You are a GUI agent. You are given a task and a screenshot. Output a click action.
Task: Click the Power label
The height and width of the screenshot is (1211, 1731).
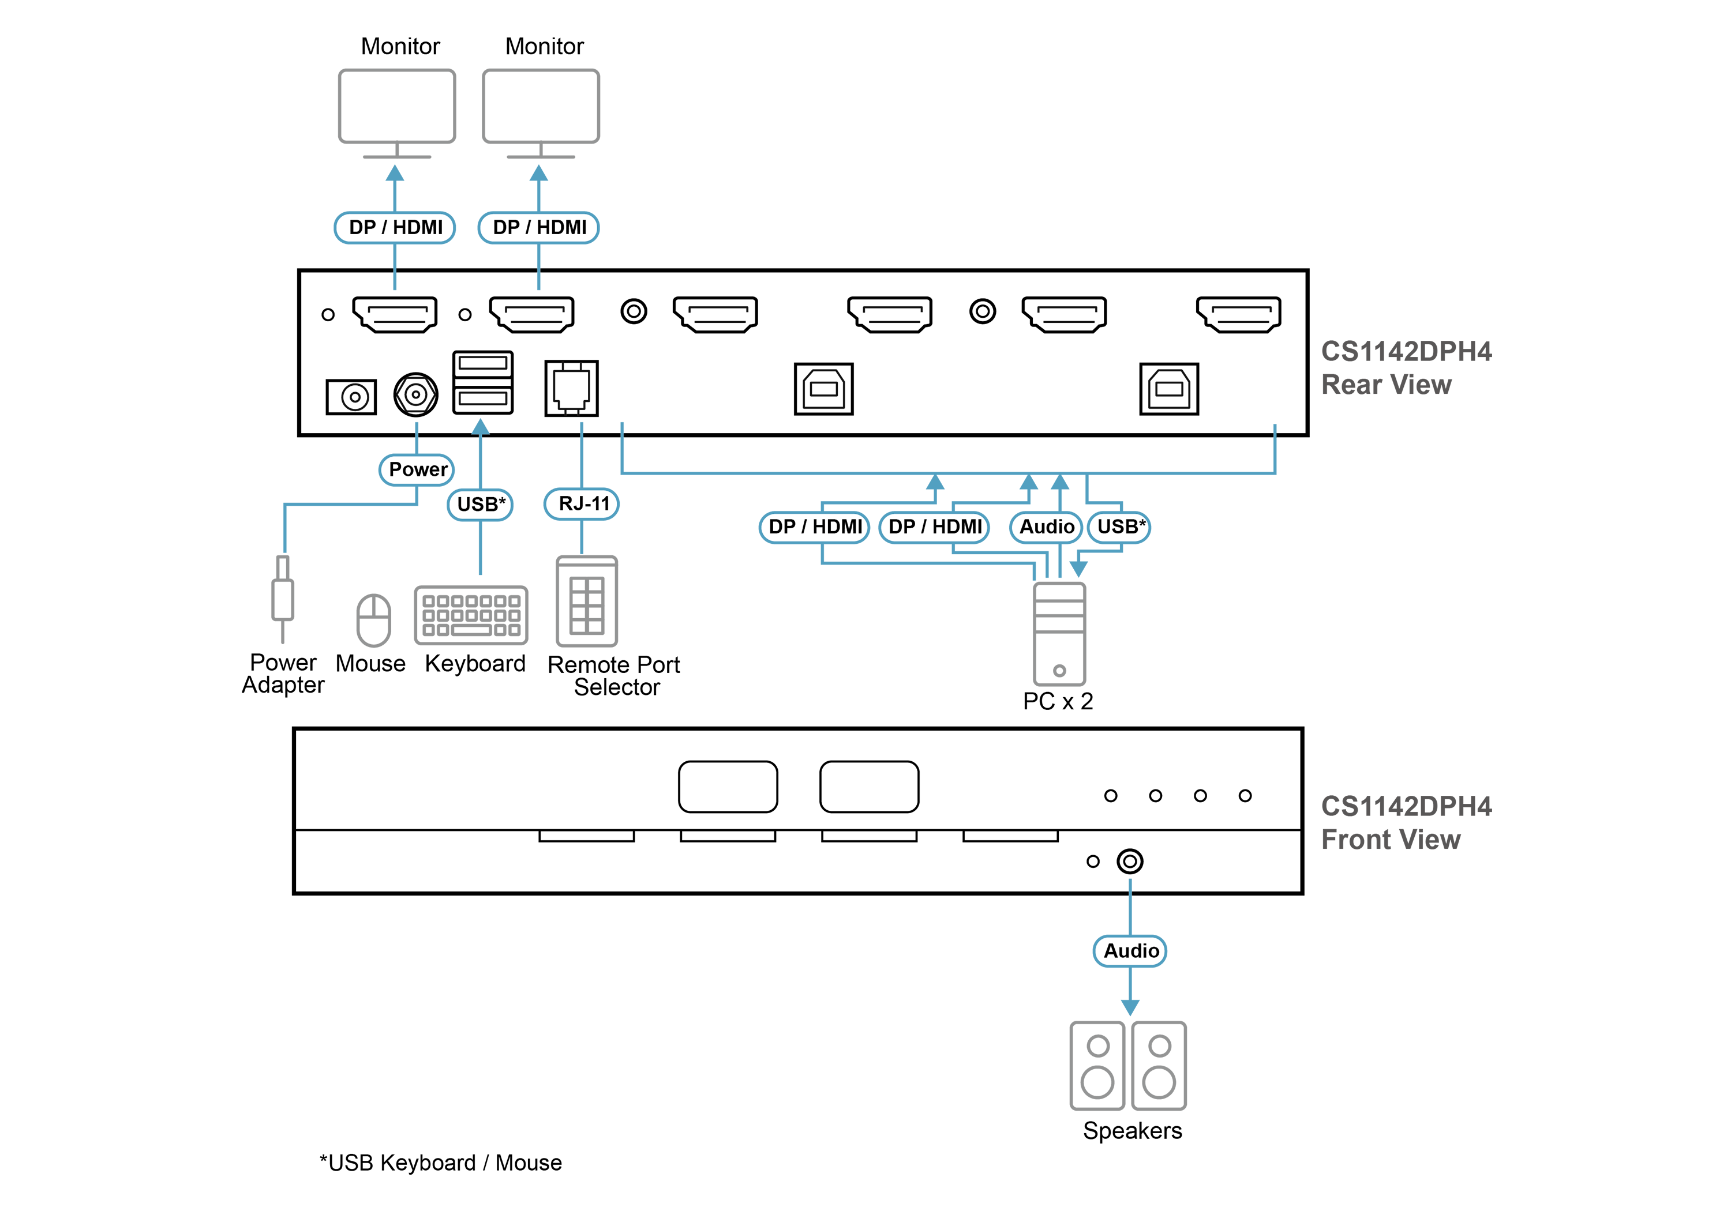tap(417, 469)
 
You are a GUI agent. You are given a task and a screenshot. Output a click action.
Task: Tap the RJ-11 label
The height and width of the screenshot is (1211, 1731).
tap(582, 503)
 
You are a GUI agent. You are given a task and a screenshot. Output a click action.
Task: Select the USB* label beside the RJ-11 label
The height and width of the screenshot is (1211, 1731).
tap(480, 504)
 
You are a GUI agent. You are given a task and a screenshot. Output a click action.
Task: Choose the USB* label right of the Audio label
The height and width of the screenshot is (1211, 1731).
tap(1121, 526)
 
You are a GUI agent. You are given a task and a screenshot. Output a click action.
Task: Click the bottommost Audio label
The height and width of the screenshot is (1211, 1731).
tap(1130, 951)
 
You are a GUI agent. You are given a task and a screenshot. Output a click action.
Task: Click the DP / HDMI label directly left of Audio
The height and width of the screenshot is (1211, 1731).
tap(934, 526)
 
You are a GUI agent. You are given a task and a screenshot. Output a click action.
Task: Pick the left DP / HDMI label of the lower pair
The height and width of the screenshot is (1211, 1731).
tap(814, 526)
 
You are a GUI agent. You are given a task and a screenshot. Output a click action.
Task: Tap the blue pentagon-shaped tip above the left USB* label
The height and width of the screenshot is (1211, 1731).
tap(480, 426)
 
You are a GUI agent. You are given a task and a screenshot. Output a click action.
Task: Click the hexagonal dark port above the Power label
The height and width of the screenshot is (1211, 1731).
tap(415, 393)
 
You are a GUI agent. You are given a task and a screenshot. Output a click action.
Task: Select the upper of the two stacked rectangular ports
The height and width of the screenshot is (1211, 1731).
tap(482, 364)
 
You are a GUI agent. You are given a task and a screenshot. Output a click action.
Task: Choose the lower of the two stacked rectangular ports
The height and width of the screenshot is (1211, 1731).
tap(482, 398)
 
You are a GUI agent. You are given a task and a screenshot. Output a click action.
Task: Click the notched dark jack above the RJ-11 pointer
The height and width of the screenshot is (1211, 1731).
tap(571, 388)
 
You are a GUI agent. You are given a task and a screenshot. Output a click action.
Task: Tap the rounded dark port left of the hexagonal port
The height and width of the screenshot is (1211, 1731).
tap(353, 396)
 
